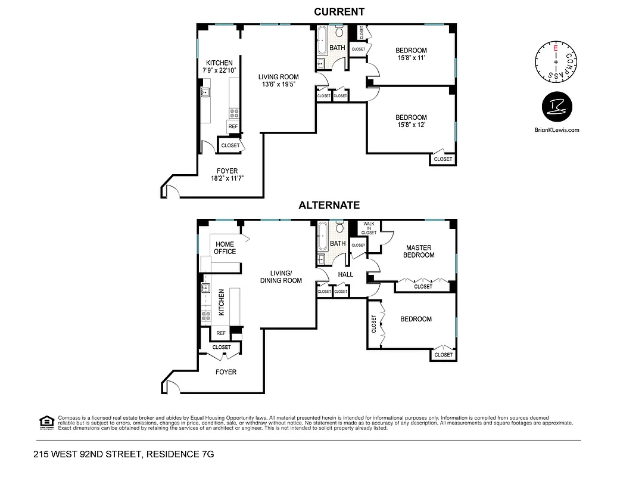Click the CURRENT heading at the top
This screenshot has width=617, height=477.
(339, 11)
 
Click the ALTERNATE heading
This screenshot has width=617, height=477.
(329, 205)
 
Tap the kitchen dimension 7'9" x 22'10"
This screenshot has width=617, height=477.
(219, 70)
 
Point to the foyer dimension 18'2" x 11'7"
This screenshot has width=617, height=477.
(228, 178)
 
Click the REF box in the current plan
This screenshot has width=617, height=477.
(233, 126)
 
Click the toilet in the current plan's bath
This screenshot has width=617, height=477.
(339, 32)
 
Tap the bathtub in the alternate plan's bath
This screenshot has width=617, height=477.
(322, 237)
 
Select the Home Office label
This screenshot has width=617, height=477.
(225, 247)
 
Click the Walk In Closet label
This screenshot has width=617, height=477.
(369, 228)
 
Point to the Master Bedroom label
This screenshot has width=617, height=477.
(419, 251)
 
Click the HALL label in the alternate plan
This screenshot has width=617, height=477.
(345, 274)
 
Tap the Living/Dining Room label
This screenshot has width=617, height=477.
(280, 277)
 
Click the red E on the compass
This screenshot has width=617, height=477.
(556, 47)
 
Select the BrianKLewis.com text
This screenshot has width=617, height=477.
(557, 129)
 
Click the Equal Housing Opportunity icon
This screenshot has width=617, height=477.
(46, 422)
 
